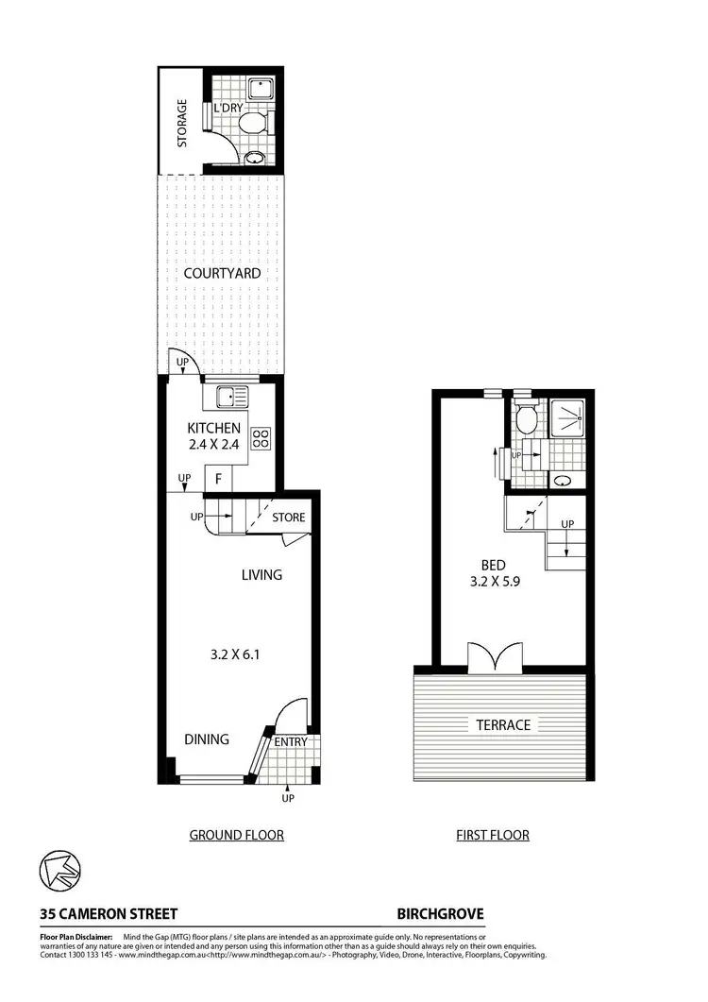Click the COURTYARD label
222,273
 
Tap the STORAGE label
182,123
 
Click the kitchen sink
231,397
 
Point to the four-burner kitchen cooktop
261,438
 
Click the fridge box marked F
218,479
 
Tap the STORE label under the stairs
289,518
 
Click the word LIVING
261,574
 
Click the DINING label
206,739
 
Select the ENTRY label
291,742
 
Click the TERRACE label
501,725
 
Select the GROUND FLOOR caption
236,835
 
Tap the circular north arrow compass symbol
59,871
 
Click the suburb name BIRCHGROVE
440,914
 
